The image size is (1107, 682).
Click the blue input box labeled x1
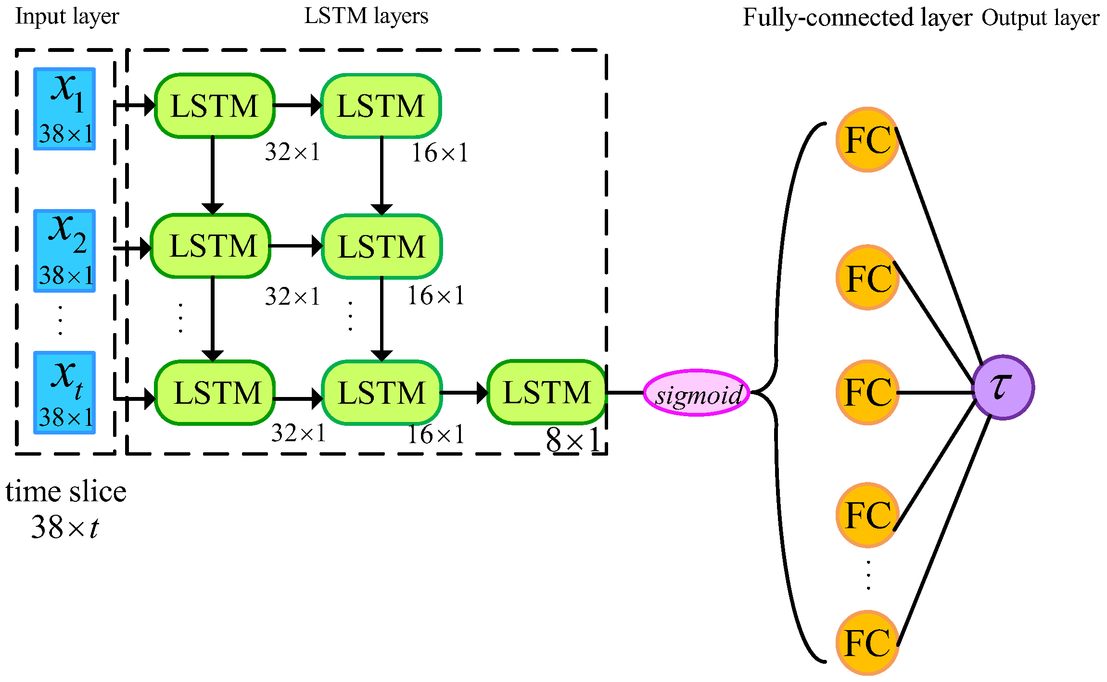[x=64, y=109]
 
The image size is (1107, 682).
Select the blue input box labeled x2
[x=64, y=251]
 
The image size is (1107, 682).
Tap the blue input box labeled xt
[x=64, y=393]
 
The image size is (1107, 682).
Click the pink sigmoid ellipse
[x=697, y=393]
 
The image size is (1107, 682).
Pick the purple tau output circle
[x=1003, y=387]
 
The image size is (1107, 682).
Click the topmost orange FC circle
[x=867, y=139]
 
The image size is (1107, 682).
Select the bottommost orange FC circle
[x=867, y=643]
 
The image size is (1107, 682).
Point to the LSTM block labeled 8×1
[x=547, y=392]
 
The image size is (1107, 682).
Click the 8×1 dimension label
[x=573, y=440]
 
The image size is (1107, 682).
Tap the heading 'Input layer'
[x=67, y=16]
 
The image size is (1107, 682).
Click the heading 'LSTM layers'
[x=366, y=16]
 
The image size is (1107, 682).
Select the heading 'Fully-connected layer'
[x=857, y=18]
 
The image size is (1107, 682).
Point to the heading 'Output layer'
[x=1040, y=18]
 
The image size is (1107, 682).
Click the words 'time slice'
[x=66, y=492]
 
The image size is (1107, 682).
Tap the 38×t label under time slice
[x=65, y=528]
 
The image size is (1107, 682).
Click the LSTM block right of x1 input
[x=215, y=106]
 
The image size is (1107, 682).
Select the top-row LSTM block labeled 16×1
[x=381, y=106]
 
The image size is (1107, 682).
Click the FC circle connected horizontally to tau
[x=867, y=392]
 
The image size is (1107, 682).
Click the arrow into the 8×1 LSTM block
[x=464, y=393]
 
